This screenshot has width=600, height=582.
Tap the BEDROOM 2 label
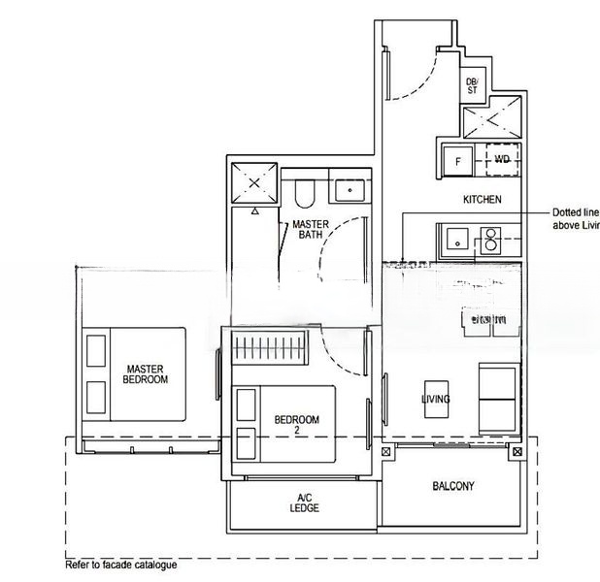click(x=296, y=424)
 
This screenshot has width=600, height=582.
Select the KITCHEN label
click(x=482, y=200)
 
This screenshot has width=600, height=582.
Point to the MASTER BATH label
click(x=311, y=229)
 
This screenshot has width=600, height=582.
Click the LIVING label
click(x=436, y=400)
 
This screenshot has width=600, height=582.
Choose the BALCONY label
click(x=452, y=486)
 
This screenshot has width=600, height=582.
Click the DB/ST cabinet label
click(x=472, y=86)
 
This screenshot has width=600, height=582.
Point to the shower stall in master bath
click(x=254, y=182)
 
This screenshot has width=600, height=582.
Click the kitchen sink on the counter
click(x=454, y=236)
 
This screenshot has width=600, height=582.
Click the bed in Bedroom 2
click(x=283, y=423)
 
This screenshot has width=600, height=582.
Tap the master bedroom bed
click(x=136, y=373)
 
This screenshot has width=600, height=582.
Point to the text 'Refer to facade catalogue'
click(x=121, y=564)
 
